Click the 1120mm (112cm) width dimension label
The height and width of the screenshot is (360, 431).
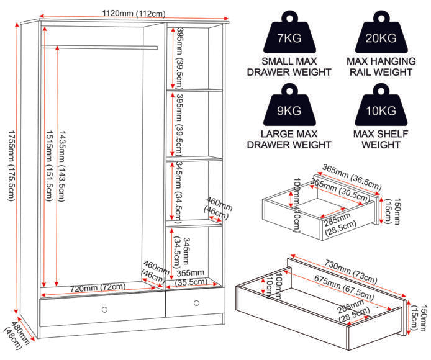pyautogui.click(x=131, y=13)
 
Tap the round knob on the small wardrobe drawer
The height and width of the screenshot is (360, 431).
pyautogui.click(x=196, y=303)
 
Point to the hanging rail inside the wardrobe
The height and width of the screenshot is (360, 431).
pyautogui.click(x=99, y=46)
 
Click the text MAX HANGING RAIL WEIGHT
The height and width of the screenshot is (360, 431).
pyautogui.click(x=381, y=66)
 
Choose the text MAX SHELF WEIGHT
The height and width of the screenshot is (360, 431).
pyautogui.click(x=381, y=139)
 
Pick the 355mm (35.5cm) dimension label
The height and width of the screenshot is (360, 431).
pyautogui.click(x=191, y=277)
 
